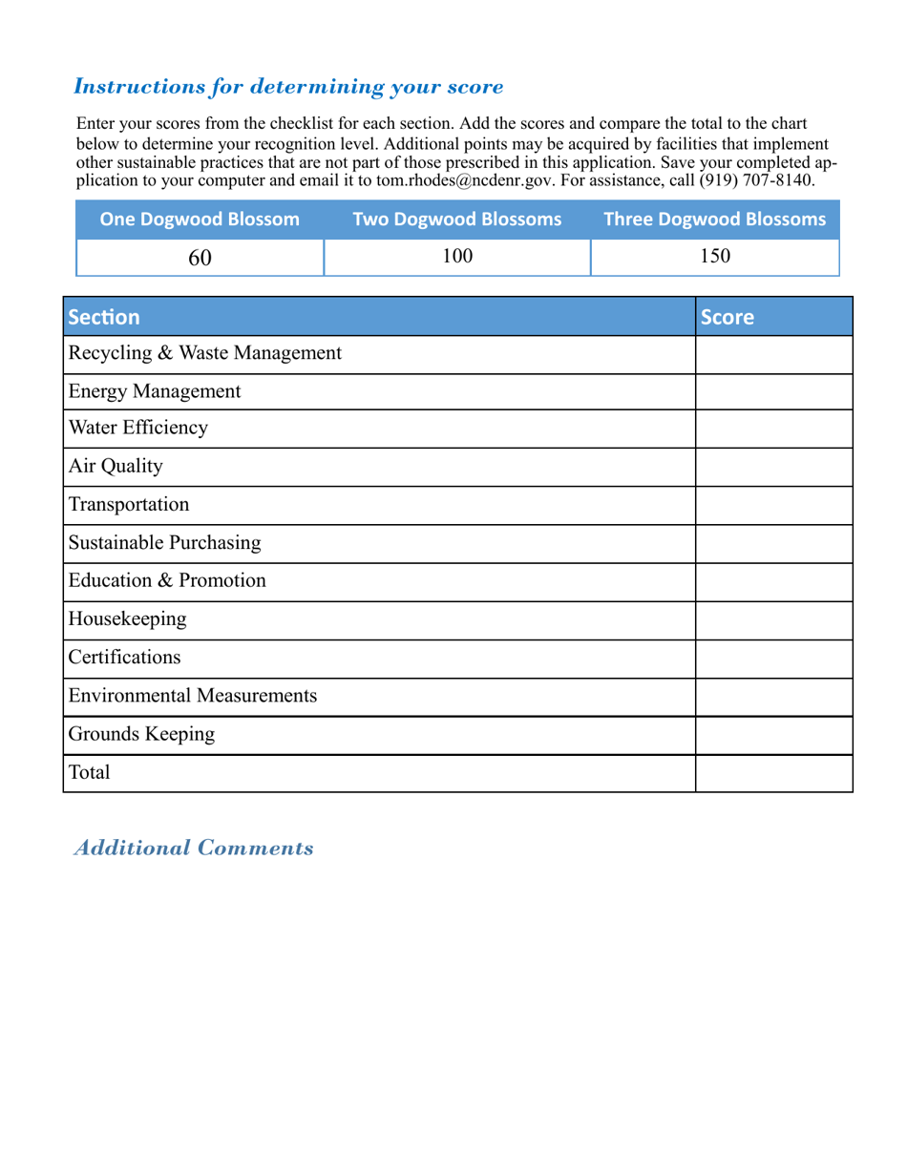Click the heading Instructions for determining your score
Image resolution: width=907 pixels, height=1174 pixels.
tap(288, 87)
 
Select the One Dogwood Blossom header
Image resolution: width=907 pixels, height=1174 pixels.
tap(200, 220)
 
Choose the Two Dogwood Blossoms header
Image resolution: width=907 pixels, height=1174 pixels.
tap(457, 220)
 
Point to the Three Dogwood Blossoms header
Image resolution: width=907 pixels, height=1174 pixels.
tap(715, 220)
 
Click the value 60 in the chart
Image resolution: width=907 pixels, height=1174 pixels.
tap(200, 257)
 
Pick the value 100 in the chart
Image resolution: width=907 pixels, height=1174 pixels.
tap(457, 257)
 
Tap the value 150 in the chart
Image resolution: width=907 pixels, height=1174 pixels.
tap(715, 257)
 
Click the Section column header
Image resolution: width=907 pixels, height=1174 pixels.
tap(104, 317)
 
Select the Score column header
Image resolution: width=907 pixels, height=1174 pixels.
tap(728, 317)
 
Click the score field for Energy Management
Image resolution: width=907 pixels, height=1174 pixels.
tap(773, 392)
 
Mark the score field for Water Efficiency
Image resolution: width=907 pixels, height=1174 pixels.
tap(773, 430)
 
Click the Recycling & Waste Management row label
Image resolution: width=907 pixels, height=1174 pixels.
tap(204, 354)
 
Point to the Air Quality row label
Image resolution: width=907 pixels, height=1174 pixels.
tap(116, 467)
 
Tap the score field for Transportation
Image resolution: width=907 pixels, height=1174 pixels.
tap(773, 505)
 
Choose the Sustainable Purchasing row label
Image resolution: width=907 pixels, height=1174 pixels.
tap(164, 543)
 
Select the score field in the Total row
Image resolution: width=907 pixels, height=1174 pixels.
tap(773, 773)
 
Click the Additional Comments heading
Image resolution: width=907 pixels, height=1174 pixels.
tap(194, 848)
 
